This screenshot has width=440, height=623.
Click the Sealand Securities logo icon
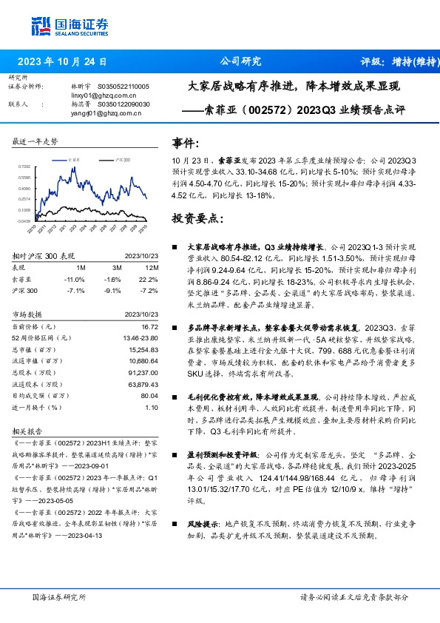40,26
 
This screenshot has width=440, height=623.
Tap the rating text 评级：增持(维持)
396,61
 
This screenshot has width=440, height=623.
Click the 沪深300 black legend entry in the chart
121,159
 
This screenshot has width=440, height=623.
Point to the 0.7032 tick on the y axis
24,168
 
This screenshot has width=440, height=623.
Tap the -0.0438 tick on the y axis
24,220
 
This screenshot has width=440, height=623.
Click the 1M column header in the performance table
81,268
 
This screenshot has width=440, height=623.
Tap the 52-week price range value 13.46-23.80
140,337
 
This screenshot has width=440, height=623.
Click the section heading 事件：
187,141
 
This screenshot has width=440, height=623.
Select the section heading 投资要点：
196,220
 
